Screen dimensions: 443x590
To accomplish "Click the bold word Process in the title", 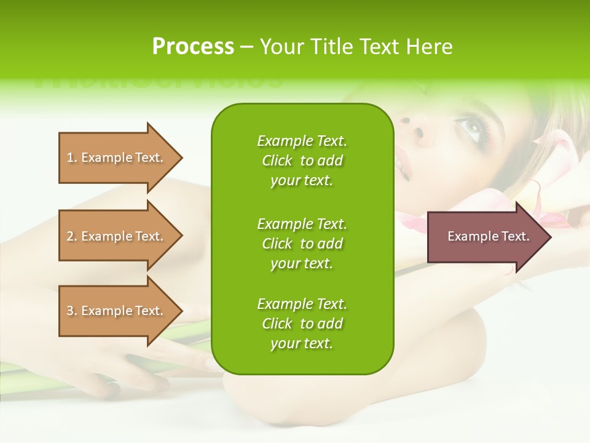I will click(193, 47).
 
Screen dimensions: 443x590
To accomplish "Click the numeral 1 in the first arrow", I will click(70, 158).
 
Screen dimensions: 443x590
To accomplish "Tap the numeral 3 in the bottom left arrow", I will click(70, 311).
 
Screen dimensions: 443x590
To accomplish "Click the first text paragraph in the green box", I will click(302, 161).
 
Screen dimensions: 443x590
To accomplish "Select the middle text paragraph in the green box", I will click(302, 244).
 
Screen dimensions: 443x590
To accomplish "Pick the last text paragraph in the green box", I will click(302, 324).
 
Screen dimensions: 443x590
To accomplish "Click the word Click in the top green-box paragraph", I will click(277, 161).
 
